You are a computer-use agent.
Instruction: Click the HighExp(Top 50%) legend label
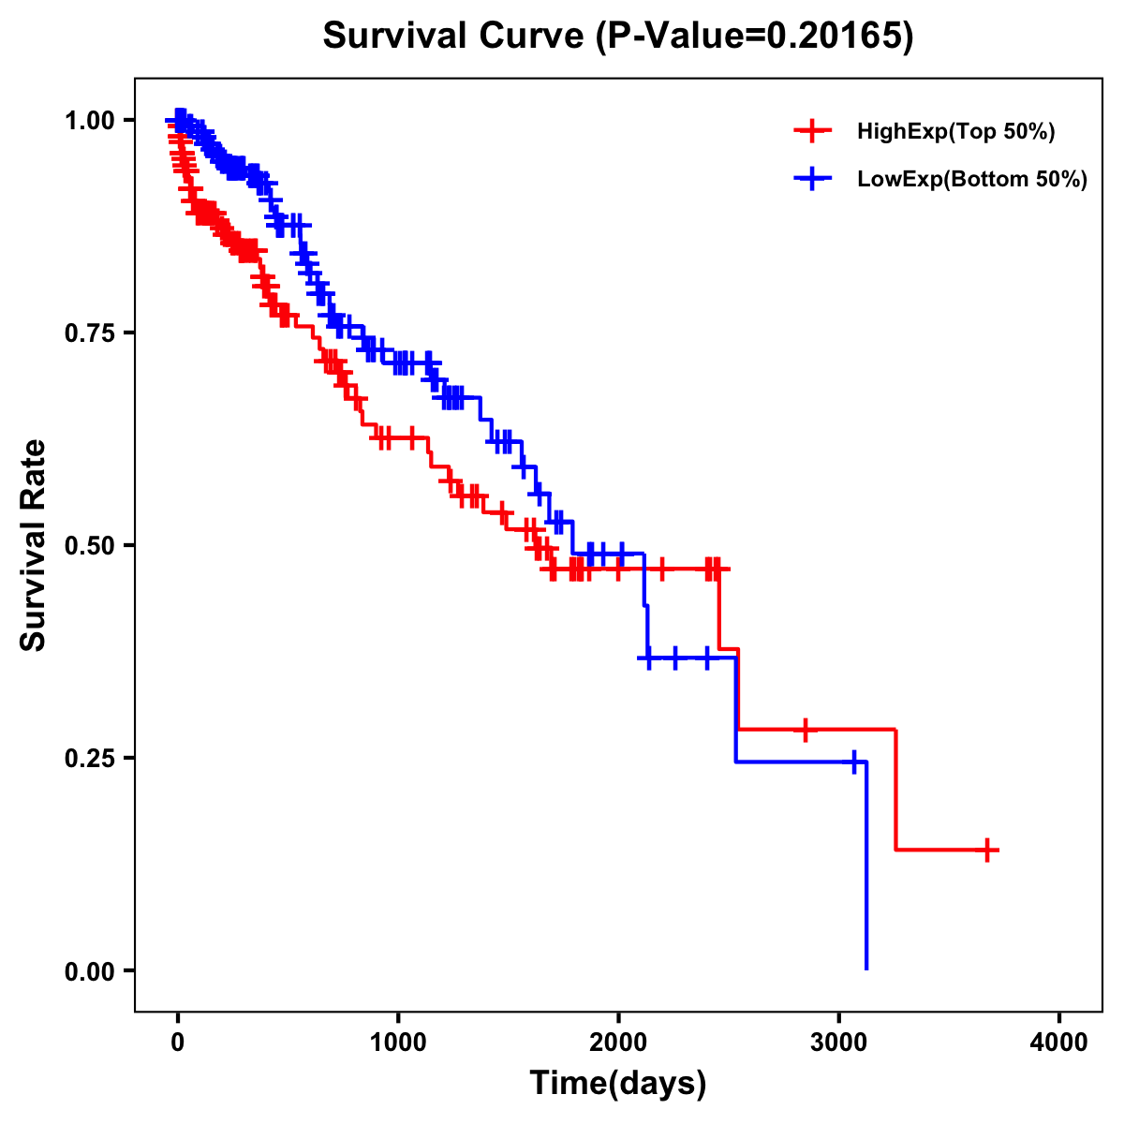tap(955, 132)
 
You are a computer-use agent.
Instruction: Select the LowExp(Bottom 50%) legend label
tap(971, 180)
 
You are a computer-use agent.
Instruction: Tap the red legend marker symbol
tap(812, 131)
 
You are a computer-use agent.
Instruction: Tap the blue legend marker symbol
tap(812, 179)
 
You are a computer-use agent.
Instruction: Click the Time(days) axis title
tap(617, 1084)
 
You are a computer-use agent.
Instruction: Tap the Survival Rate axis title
tap(34, 544)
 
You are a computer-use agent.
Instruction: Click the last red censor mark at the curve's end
tap(987, 850)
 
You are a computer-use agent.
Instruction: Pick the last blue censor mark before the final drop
tap(854, 762)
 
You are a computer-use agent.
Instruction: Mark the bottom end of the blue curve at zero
tap(866, 969)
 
